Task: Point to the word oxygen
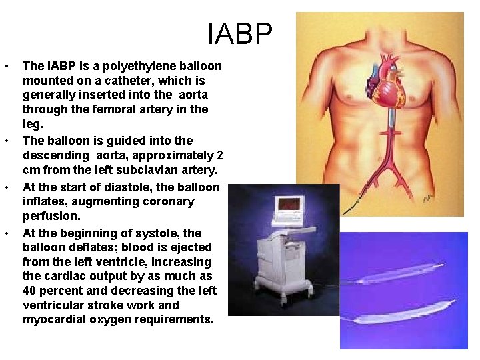click(113, 319)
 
